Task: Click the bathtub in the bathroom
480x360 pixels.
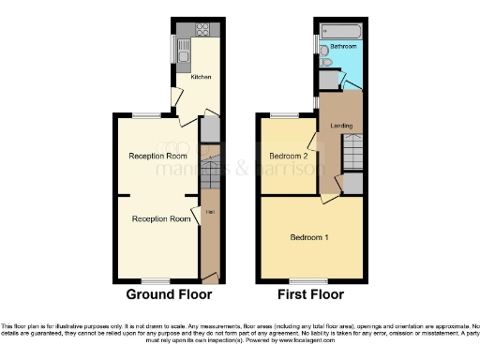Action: pyautogui.click(x=335, y=30)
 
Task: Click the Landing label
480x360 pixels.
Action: pyautogui.click(x=342, y=126)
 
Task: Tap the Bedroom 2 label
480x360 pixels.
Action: pyautogui.click(x=289, y=155)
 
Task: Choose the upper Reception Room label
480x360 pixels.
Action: pyautogui.click(x=157, y=155)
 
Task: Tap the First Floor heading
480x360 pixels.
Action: pyautogui.click(x=309, y=293)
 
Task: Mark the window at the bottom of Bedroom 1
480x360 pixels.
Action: pyautogui.click(x=303, y=280)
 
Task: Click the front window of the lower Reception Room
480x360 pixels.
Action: pyautogui.click(x=156, y=280)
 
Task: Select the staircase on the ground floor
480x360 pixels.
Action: pyautogui.click(x=211, y=173)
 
